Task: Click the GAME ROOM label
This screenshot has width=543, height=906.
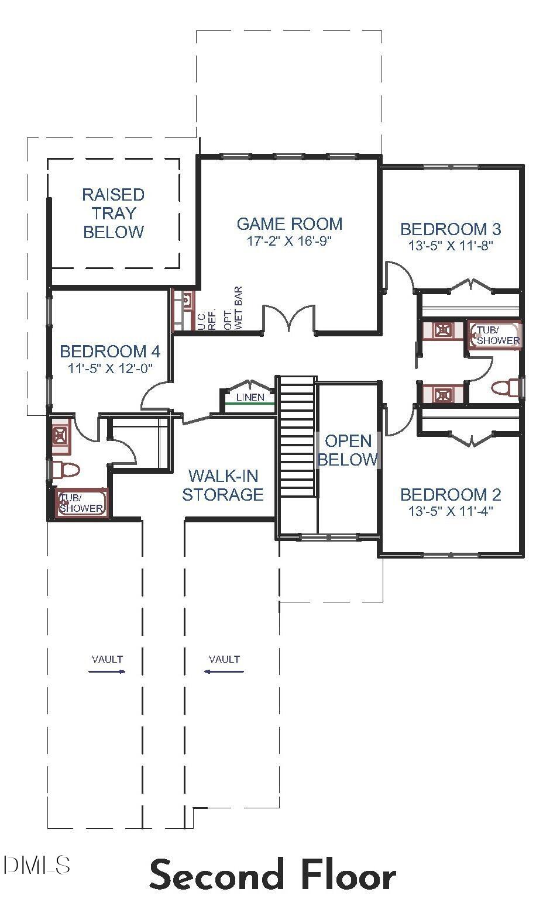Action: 289,223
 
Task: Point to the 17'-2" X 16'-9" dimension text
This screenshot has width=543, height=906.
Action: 289,241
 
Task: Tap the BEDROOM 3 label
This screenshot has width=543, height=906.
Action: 451,228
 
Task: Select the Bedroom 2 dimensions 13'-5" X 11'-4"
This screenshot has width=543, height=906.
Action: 451,511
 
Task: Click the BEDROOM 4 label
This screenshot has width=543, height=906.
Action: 110,351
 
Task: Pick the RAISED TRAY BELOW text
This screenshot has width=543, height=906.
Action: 113,213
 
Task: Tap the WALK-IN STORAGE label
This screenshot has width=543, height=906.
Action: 222,485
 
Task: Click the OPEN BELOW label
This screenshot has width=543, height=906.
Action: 348,450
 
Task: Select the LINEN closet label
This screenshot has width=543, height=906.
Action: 250,398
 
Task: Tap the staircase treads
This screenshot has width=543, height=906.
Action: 297,436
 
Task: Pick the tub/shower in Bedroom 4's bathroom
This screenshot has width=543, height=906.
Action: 81,503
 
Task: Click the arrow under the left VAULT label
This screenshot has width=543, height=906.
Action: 107,671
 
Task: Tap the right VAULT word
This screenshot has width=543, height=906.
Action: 224,659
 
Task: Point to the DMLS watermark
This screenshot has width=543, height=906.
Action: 36,864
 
